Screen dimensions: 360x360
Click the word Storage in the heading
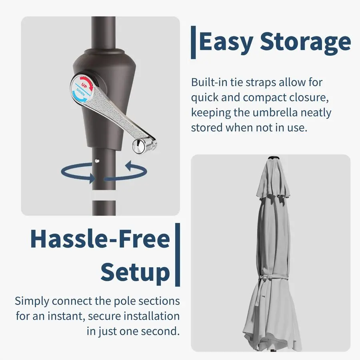pyautogui.click(x=306, y=42)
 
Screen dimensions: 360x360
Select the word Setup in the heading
pyautogui.click(x=135, y=272)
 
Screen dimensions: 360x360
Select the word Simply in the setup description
pyautogui.click(x=32, y=301)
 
